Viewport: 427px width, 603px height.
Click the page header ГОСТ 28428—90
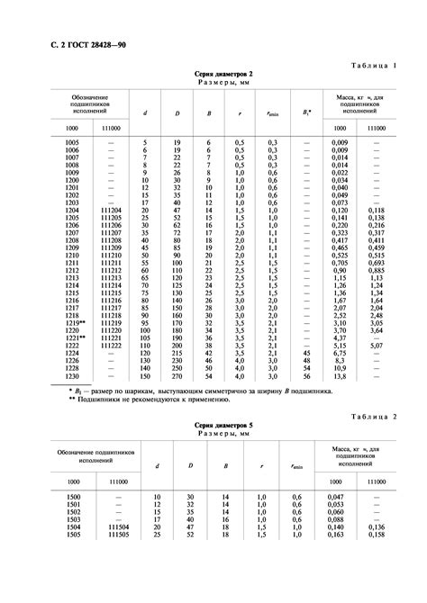click(67, 43)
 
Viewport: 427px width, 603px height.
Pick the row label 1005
click(73, 142)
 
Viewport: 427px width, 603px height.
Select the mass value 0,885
click(379, 270)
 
